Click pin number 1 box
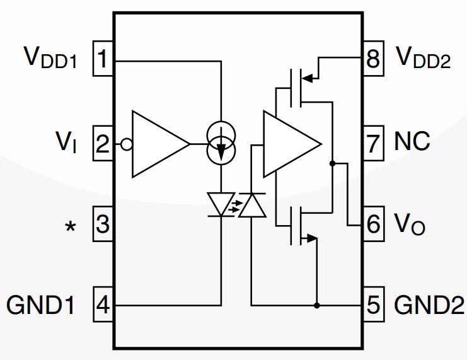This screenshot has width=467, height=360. point(103,61)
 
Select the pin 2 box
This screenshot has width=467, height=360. point(103,144)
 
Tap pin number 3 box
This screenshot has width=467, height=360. point(103,224)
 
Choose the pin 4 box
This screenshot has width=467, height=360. point(103,306)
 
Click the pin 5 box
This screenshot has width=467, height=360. point(374,306)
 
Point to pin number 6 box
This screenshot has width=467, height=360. point(374,224)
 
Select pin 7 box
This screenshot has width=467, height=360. point(374,143)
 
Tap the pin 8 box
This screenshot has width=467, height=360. point(374,61)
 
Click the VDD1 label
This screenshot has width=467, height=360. point(51,58)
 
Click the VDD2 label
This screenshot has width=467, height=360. point(423,58)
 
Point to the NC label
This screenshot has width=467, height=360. point(412,142)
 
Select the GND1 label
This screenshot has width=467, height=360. point(42,306)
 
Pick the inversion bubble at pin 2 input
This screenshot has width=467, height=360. point(126,144)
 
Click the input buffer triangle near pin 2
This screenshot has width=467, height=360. point(156,144)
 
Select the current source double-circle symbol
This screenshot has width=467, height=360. point(221,142)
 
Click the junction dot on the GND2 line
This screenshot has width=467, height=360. point(316,306)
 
